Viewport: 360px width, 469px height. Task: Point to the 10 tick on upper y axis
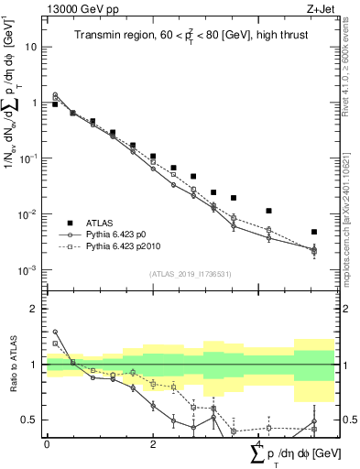(32, 46)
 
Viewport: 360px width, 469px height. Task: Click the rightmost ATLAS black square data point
(313, 232)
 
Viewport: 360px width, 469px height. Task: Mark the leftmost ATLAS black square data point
(55, 104)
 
